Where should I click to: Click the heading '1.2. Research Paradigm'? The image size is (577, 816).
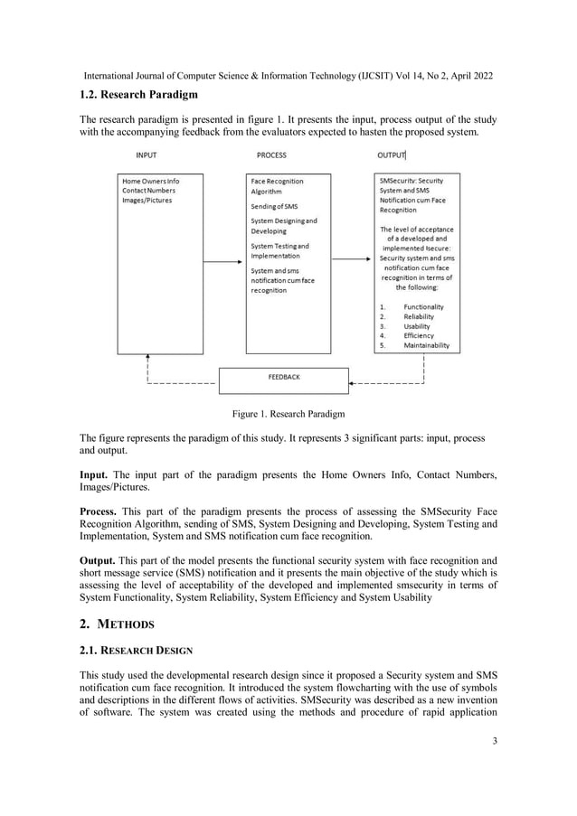pos(138,95)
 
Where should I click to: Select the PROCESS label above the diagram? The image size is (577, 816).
pos(271,155)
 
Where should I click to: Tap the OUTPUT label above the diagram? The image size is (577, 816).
pos(391,155)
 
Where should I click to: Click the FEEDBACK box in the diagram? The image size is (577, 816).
pos(283,378)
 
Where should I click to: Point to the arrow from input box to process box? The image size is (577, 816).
pos(224,262)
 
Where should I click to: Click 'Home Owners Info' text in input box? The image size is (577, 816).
pos(151,182)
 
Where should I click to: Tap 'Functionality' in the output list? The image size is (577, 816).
pos(423,307)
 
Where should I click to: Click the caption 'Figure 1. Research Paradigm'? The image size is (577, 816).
pos(288,415)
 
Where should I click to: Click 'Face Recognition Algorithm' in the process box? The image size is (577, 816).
pos(277,186)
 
